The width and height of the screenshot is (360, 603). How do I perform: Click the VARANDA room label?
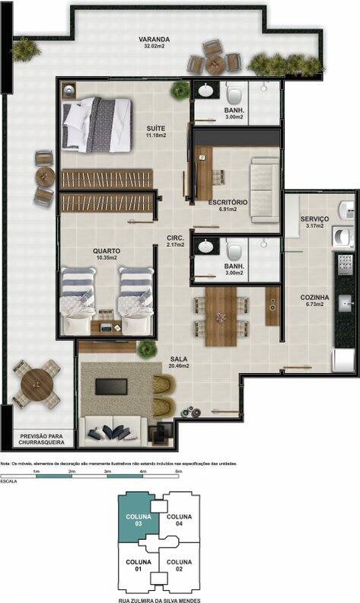pyautogui.click(x=154, y=40)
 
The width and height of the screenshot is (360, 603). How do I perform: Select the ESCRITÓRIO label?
pyautogui.click(x=228, y=202)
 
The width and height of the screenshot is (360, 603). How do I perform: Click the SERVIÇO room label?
pyautogui.click(x=314, y=219)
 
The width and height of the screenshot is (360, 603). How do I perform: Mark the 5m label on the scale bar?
pyautogui.click(x=178, y=472)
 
